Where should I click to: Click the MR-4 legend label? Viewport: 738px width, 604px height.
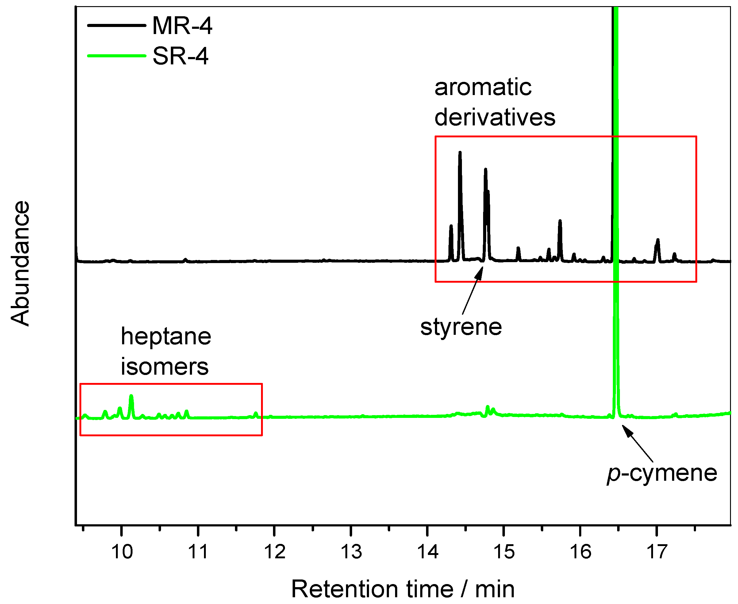[x=182, y=26]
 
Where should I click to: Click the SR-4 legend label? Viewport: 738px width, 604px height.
[x=180, y=56]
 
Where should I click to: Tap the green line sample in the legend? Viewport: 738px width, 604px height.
[x=116, y=56]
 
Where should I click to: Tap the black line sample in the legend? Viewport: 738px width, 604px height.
[x=116, y=25]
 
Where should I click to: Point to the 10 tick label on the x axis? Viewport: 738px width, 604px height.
[x=122, y=552]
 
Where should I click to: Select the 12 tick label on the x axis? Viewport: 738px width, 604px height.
[x=275, y=552]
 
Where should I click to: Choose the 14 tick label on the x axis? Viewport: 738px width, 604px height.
[x=428, y=552]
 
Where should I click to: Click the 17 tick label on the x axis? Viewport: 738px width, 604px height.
[x=656, y=552]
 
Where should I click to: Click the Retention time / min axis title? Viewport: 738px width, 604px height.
[x=403, y=589]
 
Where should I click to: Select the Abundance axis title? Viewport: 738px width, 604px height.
[x=20, y=263]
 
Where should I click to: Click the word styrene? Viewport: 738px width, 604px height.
[x=461, y=327]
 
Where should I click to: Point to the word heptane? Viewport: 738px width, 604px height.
[x=166, y=337]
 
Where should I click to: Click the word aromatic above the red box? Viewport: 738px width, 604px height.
[x=483, y=87]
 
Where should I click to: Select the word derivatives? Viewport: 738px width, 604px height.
[x=495, y=117]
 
